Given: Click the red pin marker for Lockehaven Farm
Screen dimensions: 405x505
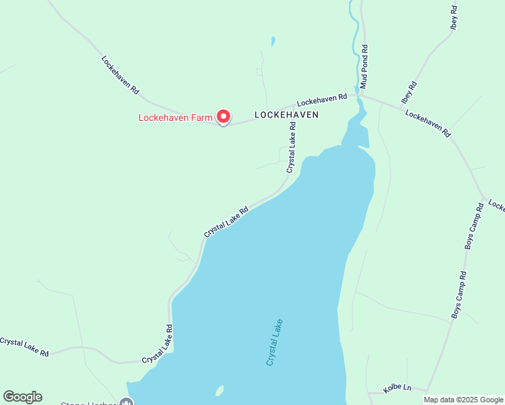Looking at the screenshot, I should click(x=223, y=116).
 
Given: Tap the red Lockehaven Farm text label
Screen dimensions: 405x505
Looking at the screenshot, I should click(x=176, y=117).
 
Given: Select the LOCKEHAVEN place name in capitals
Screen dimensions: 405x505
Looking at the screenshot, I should click(x=286, y=115).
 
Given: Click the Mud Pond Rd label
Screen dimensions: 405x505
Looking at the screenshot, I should click(x=364, y=67).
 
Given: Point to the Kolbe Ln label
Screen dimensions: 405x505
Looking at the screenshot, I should click(x=397, y=388).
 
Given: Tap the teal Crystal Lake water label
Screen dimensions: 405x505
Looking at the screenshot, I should click(x=274, y=342).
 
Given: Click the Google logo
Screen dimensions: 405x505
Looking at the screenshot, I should click(x=22, y=397).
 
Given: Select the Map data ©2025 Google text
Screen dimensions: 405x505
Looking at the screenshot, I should click(x=463, y=400).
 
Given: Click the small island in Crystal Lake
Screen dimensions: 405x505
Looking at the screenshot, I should click(x=219, y=391).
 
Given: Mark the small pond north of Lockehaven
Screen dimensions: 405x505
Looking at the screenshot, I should click(x=273, y=42).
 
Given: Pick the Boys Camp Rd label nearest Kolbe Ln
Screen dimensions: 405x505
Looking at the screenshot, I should click(x=459, y=295).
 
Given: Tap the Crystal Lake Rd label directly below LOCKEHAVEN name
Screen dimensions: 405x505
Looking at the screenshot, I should click(x=292, y=152).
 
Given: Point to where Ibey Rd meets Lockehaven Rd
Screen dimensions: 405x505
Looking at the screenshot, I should click(x=400, y=106).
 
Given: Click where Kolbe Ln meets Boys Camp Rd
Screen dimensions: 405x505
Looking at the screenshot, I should click(x=428, y=390).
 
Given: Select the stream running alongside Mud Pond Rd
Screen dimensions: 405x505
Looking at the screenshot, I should click(x=354, y=40).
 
